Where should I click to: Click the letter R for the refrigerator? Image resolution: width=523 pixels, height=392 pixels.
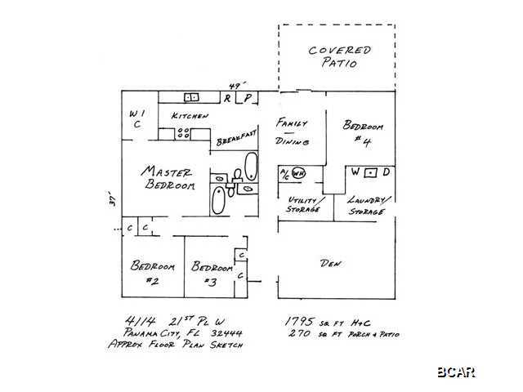[229, 98]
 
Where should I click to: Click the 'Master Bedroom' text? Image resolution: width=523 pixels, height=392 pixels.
[169, 179]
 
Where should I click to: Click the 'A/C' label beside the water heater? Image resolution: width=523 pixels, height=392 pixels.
[284, 173]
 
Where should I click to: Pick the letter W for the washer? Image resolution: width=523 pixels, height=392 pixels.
[355, 173]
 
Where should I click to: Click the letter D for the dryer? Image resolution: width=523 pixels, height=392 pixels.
[386, 173]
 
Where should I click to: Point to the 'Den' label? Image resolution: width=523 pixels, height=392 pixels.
[330, 264]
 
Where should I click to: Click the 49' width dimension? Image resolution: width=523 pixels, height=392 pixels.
[236, 85]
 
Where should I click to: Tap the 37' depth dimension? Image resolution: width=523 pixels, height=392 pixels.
[114, 199]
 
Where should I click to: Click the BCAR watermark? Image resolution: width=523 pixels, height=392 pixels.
[455, 372]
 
